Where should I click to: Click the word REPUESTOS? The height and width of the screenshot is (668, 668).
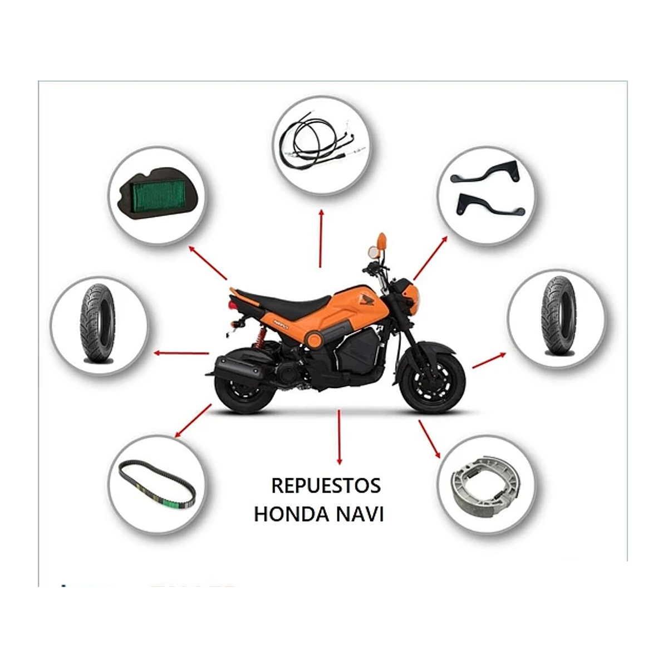coord(326,485)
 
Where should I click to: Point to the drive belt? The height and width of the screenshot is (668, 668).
coord(157,483)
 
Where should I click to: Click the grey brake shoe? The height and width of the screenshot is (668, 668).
coord(482,483)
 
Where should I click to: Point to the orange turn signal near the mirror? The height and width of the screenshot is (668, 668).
coord(381,241)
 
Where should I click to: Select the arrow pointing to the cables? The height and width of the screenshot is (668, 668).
coord(321,238)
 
